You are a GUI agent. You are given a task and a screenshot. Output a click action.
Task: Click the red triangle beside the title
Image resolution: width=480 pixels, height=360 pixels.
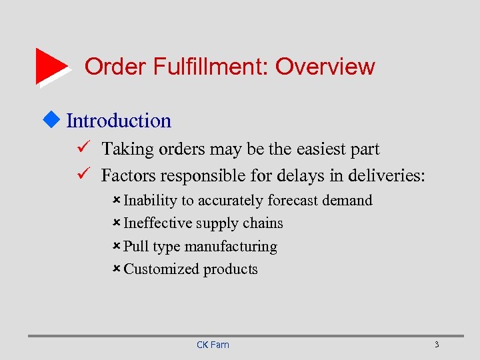(x=51, y=65)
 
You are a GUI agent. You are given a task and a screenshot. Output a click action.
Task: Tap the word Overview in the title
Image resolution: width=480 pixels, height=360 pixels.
(x=325, y=67)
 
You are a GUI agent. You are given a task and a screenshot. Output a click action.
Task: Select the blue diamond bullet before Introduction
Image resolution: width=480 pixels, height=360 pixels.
(x=55, y=120)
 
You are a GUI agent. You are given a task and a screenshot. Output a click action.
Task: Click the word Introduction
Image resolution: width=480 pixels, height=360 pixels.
(x=119, y=121)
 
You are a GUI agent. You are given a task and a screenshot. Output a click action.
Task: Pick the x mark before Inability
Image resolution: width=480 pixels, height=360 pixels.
(x=116, y=200)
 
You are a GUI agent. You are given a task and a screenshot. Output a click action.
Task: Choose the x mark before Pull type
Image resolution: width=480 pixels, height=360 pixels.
(x=116, y=246)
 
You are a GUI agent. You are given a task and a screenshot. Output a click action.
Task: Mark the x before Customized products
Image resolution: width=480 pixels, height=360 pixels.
(x=116, y=269)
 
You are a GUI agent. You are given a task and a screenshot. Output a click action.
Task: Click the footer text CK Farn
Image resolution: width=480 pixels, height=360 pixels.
(x=213, y=345)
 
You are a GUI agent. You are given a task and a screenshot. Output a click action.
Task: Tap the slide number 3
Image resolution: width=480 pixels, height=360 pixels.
(x=436, y=345)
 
